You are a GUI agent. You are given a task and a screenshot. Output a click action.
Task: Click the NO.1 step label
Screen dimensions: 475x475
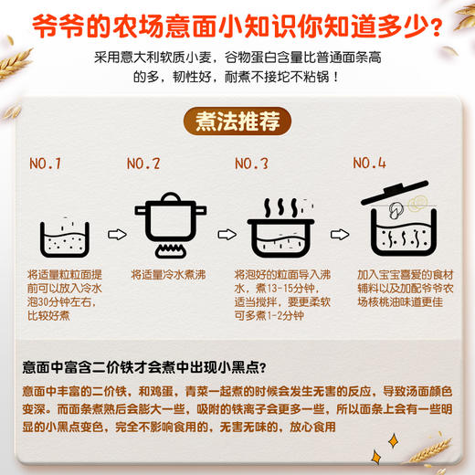pyautogui.click(x=45, y=165)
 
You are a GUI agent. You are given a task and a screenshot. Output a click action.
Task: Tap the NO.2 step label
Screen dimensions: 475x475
pyautogui.click(x=143, y=165)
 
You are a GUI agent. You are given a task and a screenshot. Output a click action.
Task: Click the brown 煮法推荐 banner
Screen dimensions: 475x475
pyautogui.click(x=237, y=121)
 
